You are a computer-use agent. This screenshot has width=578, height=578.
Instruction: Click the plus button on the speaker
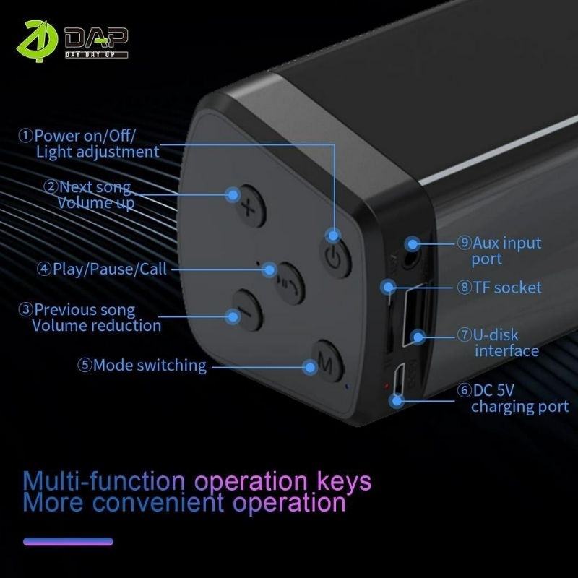tap(250, 207)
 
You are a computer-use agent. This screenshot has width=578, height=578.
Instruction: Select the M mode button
tap(327, 361)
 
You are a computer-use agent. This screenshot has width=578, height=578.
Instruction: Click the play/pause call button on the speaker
tap(290, 283)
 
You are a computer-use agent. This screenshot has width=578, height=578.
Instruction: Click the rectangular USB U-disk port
tap(413, 317)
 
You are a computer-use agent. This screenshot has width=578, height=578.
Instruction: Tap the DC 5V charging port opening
tap(399, 381)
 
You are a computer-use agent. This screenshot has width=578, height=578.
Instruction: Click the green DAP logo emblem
tap(37, 40)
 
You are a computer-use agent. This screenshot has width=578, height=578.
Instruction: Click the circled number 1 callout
tap(25, 136)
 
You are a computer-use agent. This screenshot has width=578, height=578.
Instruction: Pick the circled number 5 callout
tap(85, 366)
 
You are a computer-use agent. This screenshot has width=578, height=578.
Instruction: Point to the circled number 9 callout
tap(464, 242)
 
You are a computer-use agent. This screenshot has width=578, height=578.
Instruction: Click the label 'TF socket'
tap(507, 288)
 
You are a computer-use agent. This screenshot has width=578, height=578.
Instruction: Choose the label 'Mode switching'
tap(150, 366)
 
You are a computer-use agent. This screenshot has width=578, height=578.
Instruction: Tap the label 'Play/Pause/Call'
tap(110, 269)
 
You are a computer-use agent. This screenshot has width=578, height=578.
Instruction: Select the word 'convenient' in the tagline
tap(158, 502)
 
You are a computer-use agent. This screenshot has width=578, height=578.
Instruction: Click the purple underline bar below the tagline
tap(68, 541)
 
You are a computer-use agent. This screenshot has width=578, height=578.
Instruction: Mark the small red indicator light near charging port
tap(387, 386)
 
